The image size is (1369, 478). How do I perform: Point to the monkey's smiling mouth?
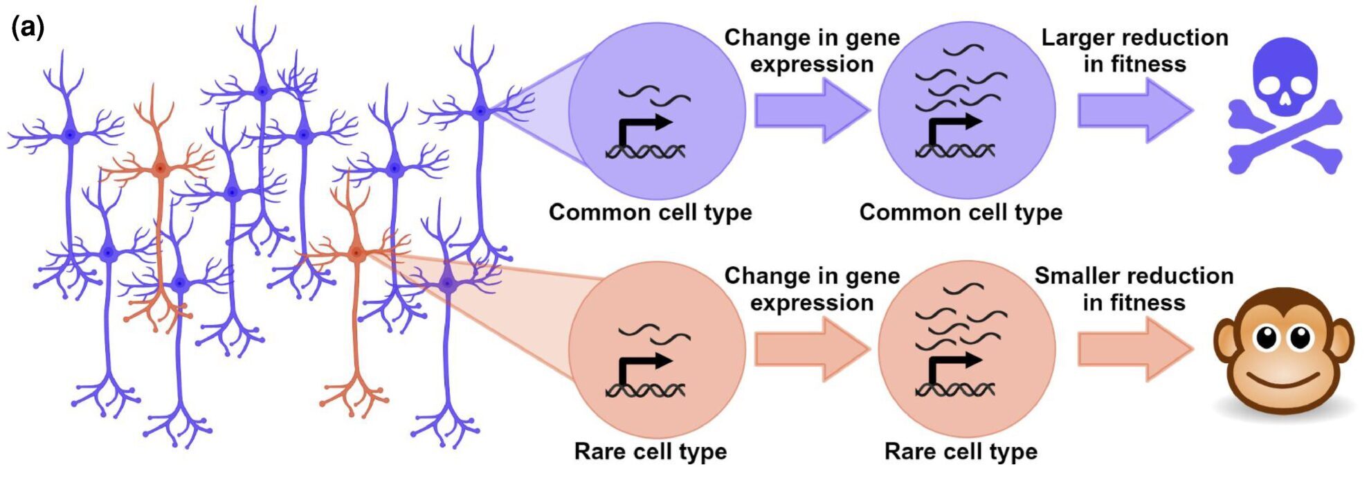pyautogui.click(x=1285, y=380)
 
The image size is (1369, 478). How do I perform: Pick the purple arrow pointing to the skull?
pyautogui.click(x=1135, y=111)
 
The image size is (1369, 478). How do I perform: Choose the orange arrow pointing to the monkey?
pyautogui.click(x=1135, y=349)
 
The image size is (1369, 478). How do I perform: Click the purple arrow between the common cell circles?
pyautogui.click(x=811, y=111)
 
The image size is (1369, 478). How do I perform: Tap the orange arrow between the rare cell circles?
pyautogui.click(x=811, y=349)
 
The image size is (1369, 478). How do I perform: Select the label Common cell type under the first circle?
pyautogui.click(x=650, y=212)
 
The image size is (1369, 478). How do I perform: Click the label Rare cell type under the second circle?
pyautogui.click(x=961, y=452)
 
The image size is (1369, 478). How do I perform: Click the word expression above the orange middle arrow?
pyautogui.click(x=811, y=303)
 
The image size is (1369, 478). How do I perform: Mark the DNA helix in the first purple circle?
pyautogui.click(x=645, y=151)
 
